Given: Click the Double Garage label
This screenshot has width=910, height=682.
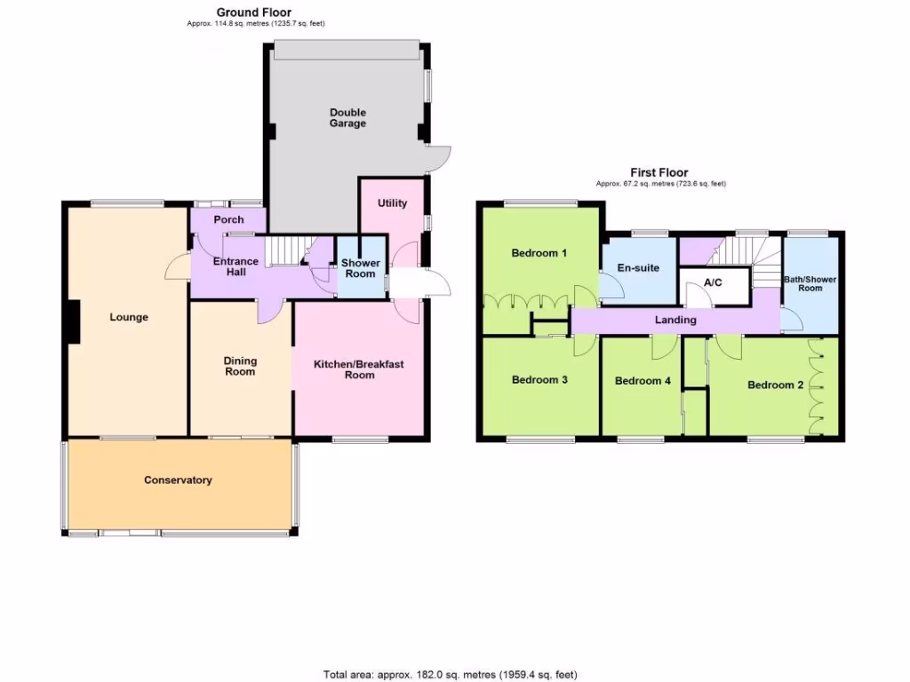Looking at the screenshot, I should pos(347,118).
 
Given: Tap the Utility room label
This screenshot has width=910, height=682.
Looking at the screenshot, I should pos(392,203).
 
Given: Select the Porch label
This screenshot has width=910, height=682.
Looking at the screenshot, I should pos(228,219).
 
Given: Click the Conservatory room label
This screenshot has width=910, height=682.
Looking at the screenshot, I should pos(178,480).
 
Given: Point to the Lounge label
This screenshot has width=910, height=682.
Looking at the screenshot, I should pos(129,317).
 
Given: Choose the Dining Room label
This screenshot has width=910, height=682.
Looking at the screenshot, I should pos(240,366).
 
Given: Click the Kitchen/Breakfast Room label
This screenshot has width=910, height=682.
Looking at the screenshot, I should pos(360,369).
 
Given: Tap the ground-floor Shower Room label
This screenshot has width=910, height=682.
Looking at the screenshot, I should pos(361,268).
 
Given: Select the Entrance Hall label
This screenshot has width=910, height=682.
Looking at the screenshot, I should pos(236,266).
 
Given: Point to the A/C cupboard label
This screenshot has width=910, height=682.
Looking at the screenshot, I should pos(712,284).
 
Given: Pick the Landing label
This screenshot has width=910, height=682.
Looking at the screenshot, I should pos(675,320).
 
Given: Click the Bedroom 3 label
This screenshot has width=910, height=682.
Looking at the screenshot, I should pos(539,380).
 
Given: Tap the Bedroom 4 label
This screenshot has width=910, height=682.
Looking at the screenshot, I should pos(643,381).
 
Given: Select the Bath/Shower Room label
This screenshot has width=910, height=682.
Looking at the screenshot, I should pos(810,283).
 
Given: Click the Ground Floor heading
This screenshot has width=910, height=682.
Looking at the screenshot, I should pos(254,12).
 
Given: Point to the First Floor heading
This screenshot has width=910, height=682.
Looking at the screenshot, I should pos(659,173).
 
